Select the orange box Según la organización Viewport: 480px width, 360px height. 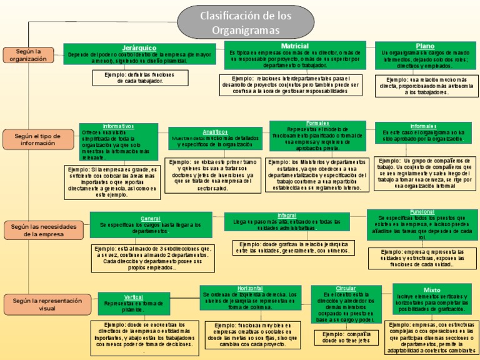[x=28, y=55]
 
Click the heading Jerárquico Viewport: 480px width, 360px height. [x=139, y=48]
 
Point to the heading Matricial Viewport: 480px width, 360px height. [x=295, y=46]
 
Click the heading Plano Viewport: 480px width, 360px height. [x=424, y=46]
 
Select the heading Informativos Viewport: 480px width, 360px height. [x=118, y=126]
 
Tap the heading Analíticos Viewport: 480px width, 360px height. [x=215, y=132]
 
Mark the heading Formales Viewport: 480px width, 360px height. [x=317, y=123]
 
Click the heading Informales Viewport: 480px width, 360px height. [x=423, y=126]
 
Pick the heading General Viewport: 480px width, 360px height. [x=151, y=218]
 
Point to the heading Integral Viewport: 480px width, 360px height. [x=287, y=215]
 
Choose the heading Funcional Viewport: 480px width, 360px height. [x=422, y=212]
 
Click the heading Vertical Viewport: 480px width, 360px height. [x=132, y=297]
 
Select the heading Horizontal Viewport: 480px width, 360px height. [x=249, y=287]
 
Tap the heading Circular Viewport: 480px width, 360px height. [x=346, y=288]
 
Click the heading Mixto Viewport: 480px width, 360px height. [x=431, y=290]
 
